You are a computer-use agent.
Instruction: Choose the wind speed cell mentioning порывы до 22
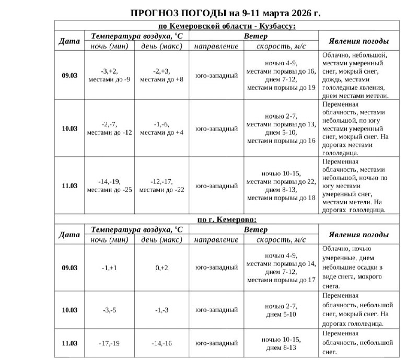(281, 185)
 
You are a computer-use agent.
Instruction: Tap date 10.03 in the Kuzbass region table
(69, 129)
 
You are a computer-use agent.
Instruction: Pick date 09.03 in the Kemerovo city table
(69, 268)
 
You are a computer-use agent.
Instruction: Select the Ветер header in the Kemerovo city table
(256, 230)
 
